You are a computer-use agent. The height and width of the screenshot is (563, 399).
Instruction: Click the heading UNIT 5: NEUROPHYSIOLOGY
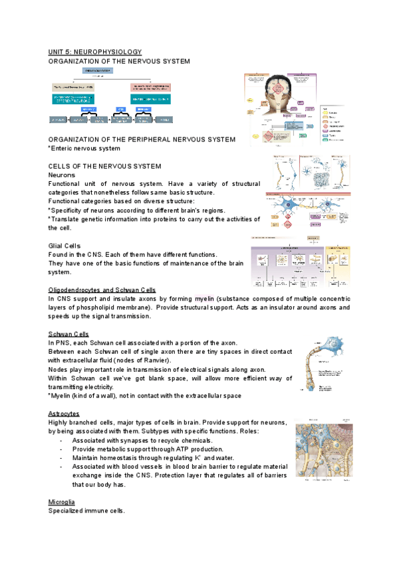(x=95, y=52)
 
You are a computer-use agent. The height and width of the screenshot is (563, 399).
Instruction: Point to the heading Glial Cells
(x=65, y=246)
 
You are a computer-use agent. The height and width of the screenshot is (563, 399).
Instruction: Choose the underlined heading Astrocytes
(x=65, y=414)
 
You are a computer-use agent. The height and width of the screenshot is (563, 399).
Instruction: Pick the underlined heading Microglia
(x=63, y=501)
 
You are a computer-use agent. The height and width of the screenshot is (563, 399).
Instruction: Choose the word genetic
(x=96, y=219)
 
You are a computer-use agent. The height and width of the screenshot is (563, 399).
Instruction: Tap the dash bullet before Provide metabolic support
(x=62, y=449)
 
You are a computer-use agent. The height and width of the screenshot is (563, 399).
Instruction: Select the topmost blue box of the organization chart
(x=96, y=70)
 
